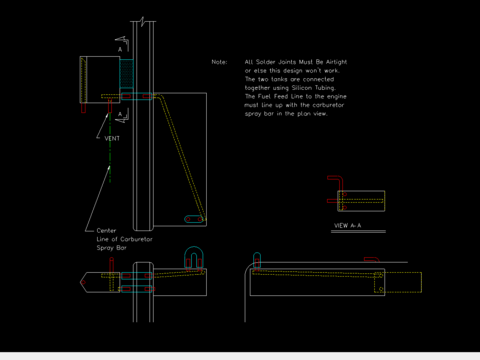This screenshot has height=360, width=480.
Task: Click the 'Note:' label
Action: [x=219, y=62]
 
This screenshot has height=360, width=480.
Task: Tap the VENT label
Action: [x=112, y=138]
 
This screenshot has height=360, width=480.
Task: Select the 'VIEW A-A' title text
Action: [x=348, y=226]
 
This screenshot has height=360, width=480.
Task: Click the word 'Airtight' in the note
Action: [x=336, y=62]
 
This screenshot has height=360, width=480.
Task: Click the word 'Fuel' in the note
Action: [x=264, y=97]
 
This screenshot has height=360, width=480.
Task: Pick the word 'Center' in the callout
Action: [x=106, y=231]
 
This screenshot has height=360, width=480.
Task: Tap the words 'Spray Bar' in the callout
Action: [x=112, y=248]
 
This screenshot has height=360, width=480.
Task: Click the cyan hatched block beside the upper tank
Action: [x=126, y=74]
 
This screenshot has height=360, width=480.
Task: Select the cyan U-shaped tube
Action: [x=194, y=247]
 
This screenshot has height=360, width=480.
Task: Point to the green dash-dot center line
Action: [x=110, y=148]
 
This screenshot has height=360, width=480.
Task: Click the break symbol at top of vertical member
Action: [x=143, y=22]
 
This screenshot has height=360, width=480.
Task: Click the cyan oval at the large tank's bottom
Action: [x=194, y=219]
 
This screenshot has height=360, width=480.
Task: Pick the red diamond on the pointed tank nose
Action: [x=83, y=282]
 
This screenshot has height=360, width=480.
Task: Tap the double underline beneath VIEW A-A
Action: [x=358, y=231]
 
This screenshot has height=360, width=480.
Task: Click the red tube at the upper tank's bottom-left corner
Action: [x=84, y=108]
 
